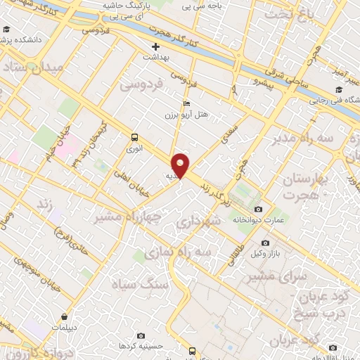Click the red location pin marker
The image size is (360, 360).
click(x=181, y=164)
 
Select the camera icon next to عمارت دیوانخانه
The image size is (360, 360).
click(x=258, y=210)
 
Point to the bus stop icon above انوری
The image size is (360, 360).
click(x=134, y=138)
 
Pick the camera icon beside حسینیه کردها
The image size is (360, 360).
click(x=141, y=335)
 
